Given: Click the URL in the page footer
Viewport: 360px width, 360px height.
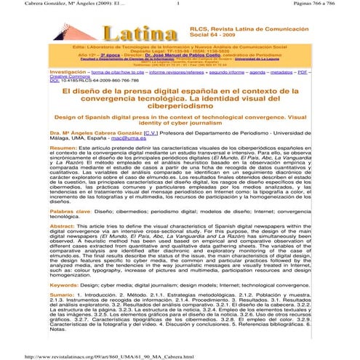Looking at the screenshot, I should [x=110, y=356].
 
